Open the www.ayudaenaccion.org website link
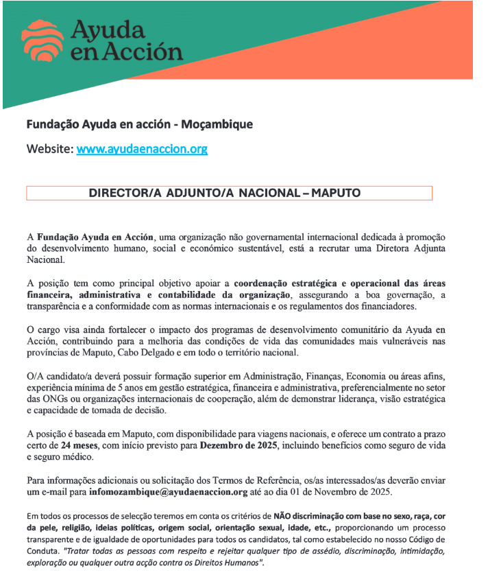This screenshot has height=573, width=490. click(142, 148)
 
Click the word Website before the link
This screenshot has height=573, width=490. click(49, 148)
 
